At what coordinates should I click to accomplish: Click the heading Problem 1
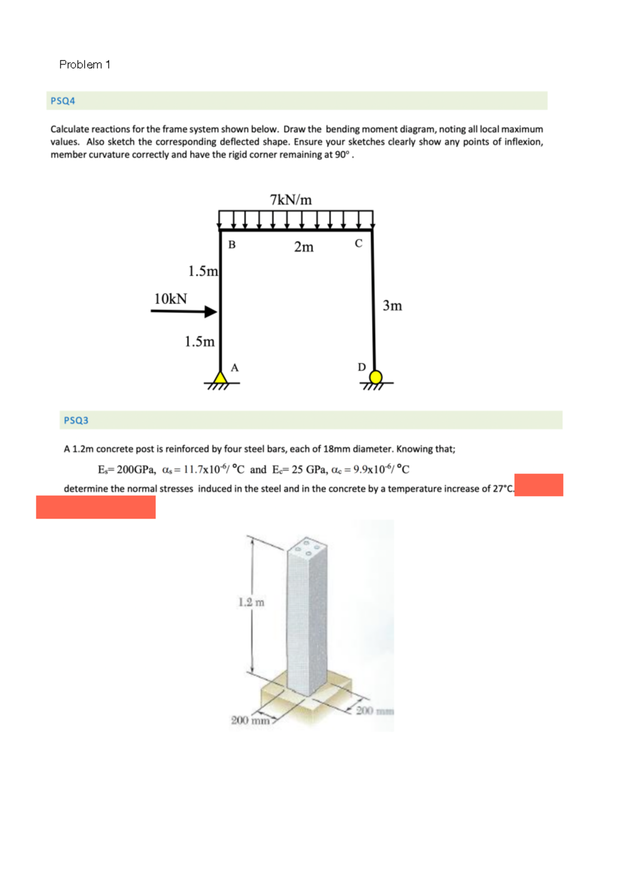click(84, 65)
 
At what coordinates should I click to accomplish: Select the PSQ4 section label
click(63, 101)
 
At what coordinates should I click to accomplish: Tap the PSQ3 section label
click(76, 420)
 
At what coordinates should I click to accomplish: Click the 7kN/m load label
click(291, 200)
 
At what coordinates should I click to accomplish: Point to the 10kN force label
click(171, 299)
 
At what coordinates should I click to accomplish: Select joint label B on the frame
click(232, 245)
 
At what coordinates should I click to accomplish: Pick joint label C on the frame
click(359, 243)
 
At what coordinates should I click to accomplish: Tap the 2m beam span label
click(304, 247)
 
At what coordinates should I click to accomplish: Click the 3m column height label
click(392, 306)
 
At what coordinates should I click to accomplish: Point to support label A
click(235, 368)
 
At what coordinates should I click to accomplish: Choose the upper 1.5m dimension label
click(203, 271)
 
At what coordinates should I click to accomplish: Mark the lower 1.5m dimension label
click(200, 342)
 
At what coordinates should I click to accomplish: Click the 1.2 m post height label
click(251, 602)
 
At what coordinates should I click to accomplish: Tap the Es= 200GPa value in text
click(127, 470)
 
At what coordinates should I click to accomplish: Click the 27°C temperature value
click(502, 489)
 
